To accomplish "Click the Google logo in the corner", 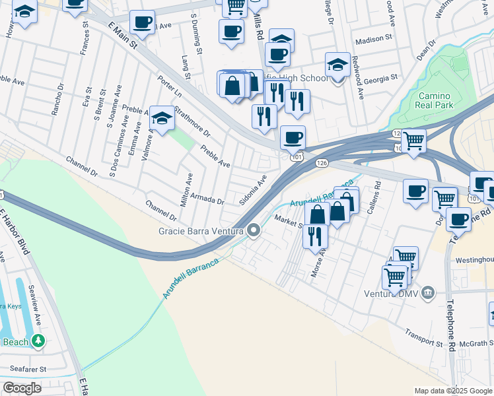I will point(22,388).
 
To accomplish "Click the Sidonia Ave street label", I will point(253,190).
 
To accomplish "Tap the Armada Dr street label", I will point(207,199).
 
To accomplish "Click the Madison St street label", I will point(374,40).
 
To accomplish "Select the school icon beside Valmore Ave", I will point(161,118).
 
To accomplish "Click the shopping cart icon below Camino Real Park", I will point(413,140).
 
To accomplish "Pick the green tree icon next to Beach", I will point(39,341).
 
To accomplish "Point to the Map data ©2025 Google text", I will point(452,391).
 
